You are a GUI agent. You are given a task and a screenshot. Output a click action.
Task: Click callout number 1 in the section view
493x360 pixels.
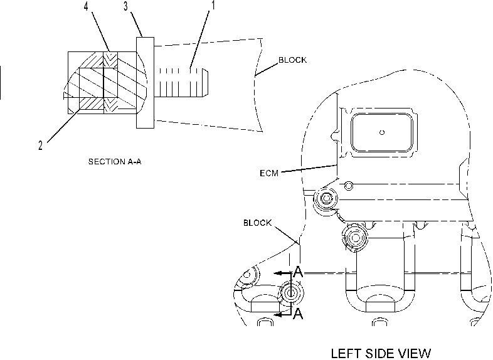coord(213,6)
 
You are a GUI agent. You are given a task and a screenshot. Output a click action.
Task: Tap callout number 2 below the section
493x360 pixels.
coord(40,146)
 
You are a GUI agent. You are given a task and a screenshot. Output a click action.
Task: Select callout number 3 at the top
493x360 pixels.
coord(126,6)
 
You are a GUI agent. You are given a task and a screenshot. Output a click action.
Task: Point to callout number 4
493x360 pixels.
coord(86,6)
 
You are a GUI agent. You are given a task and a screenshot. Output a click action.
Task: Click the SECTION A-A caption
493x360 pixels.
coord(115,162)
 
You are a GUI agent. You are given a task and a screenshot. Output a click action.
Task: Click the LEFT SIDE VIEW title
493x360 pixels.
coord(381,353)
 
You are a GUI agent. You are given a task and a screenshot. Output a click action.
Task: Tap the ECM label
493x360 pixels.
coord(269,173)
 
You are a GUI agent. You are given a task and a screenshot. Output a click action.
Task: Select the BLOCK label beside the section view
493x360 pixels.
coord(292,60)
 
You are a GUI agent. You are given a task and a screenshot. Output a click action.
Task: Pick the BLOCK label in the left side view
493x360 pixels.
coord(257,223)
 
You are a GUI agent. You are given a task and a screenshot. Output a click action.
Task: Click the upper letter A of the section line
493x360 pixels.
coord(298,272)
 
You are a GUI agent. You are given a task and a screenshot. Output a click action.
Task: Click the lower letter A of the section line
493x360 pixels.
coord(298,314)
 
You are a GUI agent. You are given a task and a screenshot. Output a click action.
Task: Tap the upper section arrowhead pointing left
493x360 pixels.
coord(278,273)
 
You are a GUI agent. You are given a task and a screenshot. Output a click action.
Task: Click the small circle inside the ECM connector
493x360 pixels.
coord(382,132)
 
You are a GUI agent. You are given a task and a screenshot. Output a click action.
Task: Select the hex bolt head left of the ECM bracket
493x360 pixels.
coord(326,198)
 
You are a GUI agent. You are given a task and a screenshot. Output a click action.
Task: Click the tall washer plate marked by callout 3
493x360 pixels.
coord(146,83)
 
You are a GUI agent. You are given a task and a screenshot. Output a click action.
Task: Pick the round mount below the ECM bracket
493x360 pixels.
coord(355,238)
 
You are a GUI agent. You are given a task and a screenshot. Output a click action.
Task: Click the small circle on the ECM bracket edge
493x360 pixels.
coord(348,186)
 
